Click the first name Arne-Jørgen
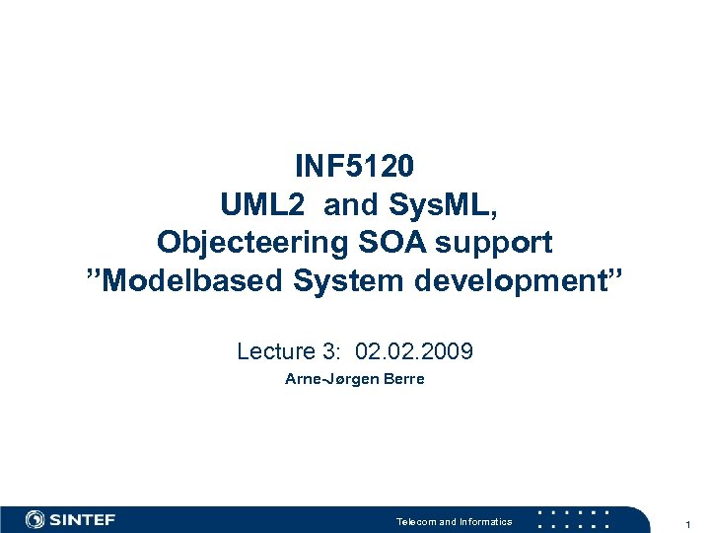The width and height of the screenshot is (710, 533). coord(328,379)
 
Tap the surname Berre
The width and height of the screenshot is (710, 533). coord(403,379)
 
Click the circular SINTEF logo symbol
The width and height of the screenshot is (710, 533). coord(35,519)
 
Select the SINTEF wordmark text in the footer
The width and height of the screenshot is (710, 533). coord(83,520)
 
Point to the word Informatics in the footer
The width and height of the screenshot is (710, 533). coord(485,521)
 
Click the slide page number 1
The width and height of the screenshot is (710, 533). coord(688,522)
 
